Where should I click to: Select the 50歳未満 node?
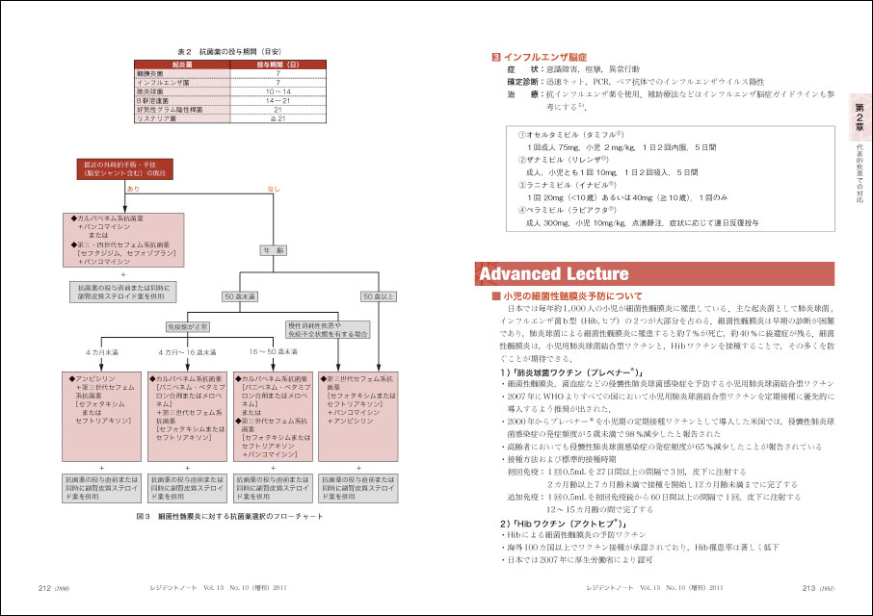(238, 295)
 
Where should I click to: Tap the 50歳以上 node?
(378, 295)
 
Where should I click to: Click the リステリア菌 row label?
(160, 118)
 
